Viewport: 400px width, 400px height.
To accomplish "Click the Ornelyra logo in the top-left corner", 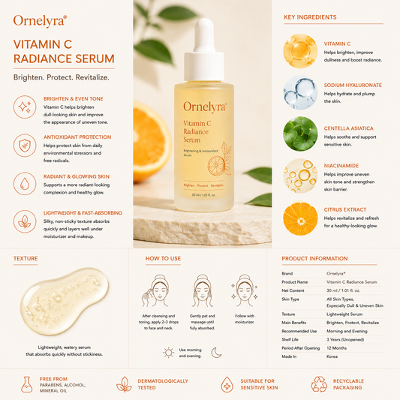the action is coord(40,21).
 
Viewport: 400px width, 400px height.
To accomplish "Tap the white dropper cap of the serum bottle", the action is coord(204,50).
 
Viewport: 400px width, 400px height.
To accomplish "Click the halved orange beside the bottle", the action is coord(151,142).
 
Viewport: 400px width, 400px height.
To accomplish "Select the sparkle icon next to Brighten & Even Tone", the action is coord(25,107).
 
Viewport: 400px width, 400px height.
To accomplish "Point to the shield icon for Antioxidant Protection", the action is coord(25,146).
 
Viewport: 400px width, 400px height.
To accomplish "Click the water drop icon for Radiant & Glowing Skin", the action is coord(25,184).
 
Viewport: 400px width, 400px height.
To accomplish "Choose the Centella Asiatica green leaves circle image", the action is coord(300,134).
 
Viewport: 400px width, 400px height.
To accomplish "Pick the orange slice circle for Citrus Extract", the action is coord(300,218).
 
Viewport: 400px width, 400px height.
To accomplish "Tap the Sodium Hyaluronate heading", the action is coord(353,86).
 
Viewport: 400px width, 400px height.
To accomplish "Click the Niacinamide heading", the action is coord(341,166).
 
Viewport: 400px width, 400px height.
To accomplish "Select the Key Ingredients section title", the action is coord(310,17).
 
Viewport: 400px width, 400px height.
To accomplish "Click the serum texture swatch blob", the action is coord(65,301).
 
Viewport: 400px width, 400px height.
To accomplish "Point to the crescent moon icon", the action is coord(216,353).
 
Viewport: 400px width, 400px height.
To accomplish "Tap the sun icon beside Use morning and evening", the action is coord(169,353).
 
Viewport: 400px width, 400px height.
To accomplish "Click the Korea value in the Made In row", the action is coord(332,356).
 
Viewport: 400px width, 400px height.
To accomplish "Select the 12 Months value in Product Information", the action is coord(336,348).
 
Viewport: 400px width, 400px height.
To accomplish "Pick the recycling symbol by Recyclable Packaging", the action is coord(319,384).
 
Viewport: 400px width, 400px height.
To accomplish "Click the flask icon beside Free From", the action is coord(27,384).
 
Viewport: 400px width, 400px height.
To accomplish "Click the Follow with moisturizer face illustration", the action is coord(245,290).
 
